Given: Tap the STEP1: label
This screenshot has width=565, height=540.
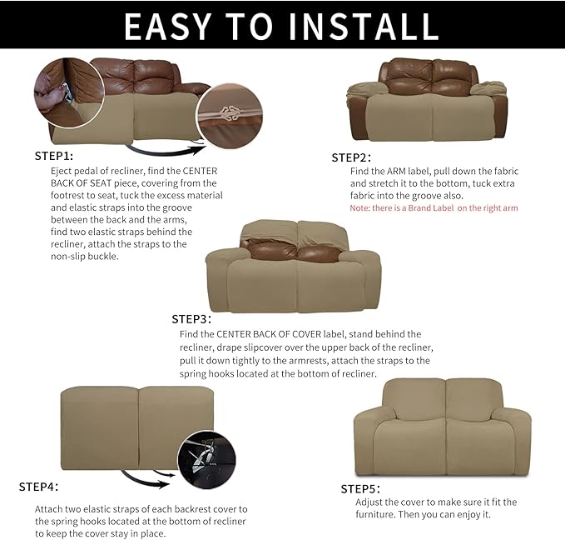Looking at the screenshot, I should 54,156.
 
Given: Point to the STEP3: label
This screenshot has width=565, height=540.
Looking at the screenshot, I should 191,318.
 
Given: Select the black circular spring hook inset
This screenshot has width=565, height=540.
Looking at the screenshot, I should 206,460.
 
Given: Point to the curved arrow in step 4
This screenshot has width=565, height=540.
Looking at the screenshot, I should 149,479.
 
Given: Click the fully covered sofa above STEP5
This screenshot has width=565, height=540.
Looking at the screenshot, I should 442,428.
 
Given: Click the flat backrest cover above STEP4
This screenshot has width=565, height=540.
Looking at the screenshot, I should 136,425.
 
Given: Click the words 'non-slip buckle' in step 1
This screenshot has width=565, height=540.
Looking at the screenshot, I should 85,256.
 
